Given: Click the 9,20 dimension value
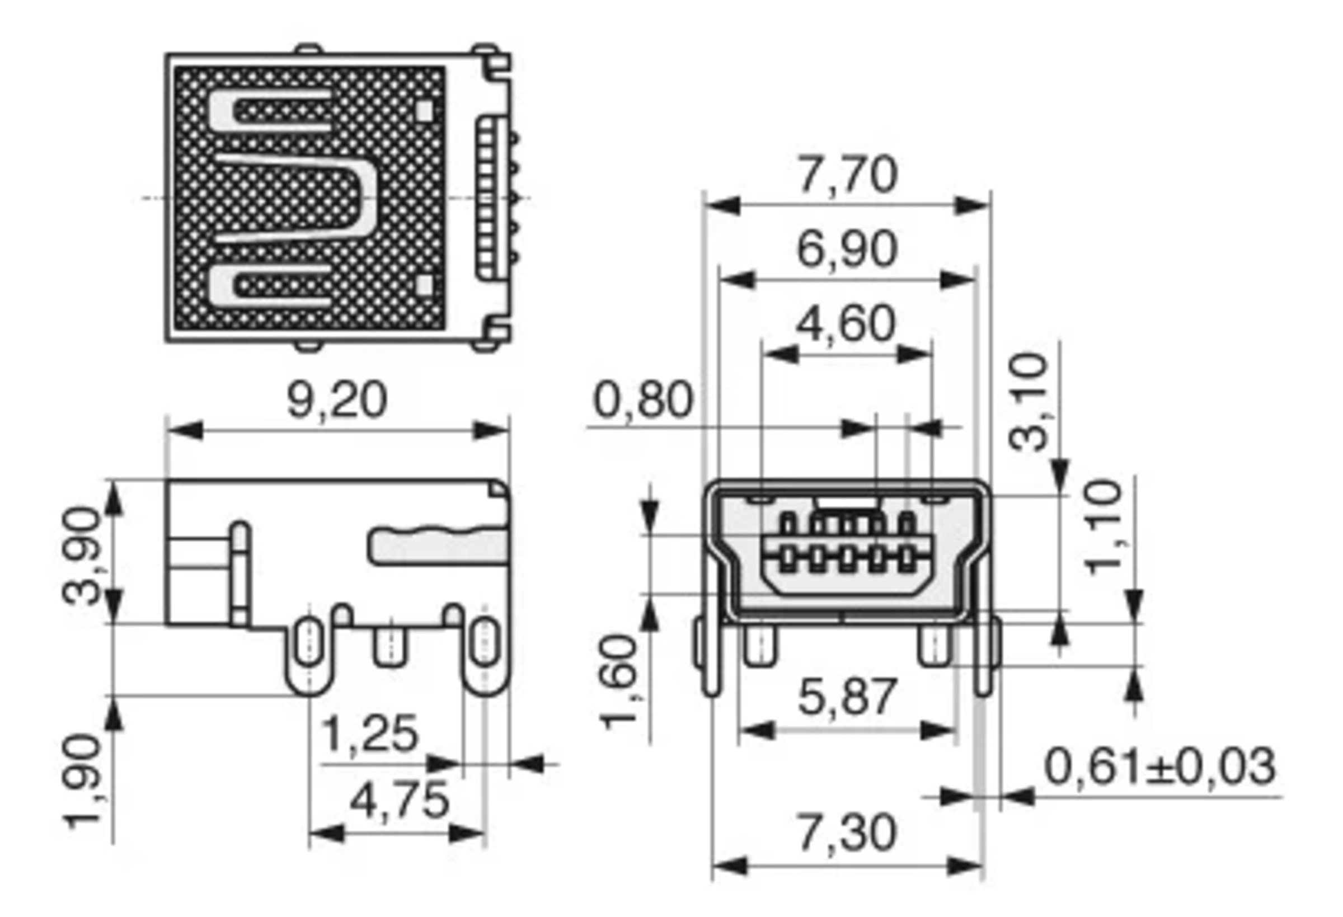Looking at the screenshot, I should coord(337,401).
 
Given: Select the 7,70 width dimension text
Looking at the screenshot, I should coord(847,175).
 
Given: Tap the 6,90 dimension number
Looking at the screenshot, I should coord(847,250).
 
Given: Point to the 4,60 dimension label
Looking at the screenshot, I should coord(846,324).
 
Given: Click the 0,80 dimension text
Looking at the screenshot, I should coord(642,400).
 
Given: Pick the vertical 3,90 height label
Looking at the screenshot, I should coord(82,555).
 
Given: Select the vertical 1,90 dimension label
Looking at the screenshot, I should coord(82,782).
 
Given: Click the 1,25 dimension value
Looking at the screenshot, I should coord(369,735).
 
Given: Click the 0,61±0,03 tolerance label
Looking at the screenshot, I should coord(1160,766).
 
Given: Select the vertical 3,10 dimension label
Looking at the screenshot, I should coord(1028,403).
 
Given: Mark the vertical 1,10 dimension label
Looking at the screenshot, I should coord(1103,528).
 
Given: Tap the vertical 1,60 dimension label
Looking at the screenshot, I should coord(619,683).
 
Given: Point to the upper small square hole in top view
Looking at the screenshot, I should coord(424,111).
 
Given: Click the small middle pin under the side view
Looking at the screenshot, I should coord(390,647).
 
